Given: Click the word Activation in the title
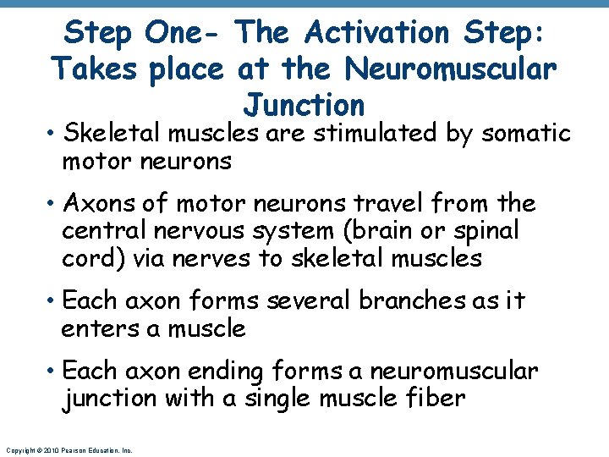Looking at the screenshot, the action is (x=377, y=33).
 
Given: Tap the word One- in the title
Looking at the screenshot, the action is (x=184, y=33).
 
